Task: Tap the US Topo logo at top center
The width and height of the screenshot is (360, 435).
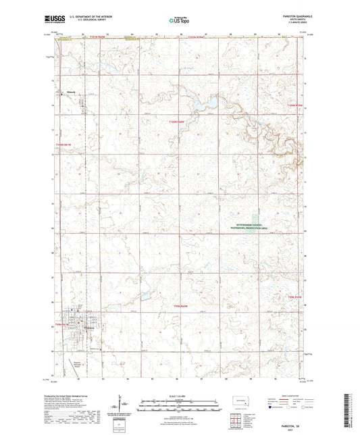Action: click(x=179, y=21)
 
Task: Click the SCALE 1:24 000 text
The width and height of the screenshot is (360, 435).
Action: click(x=179, y=396)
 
